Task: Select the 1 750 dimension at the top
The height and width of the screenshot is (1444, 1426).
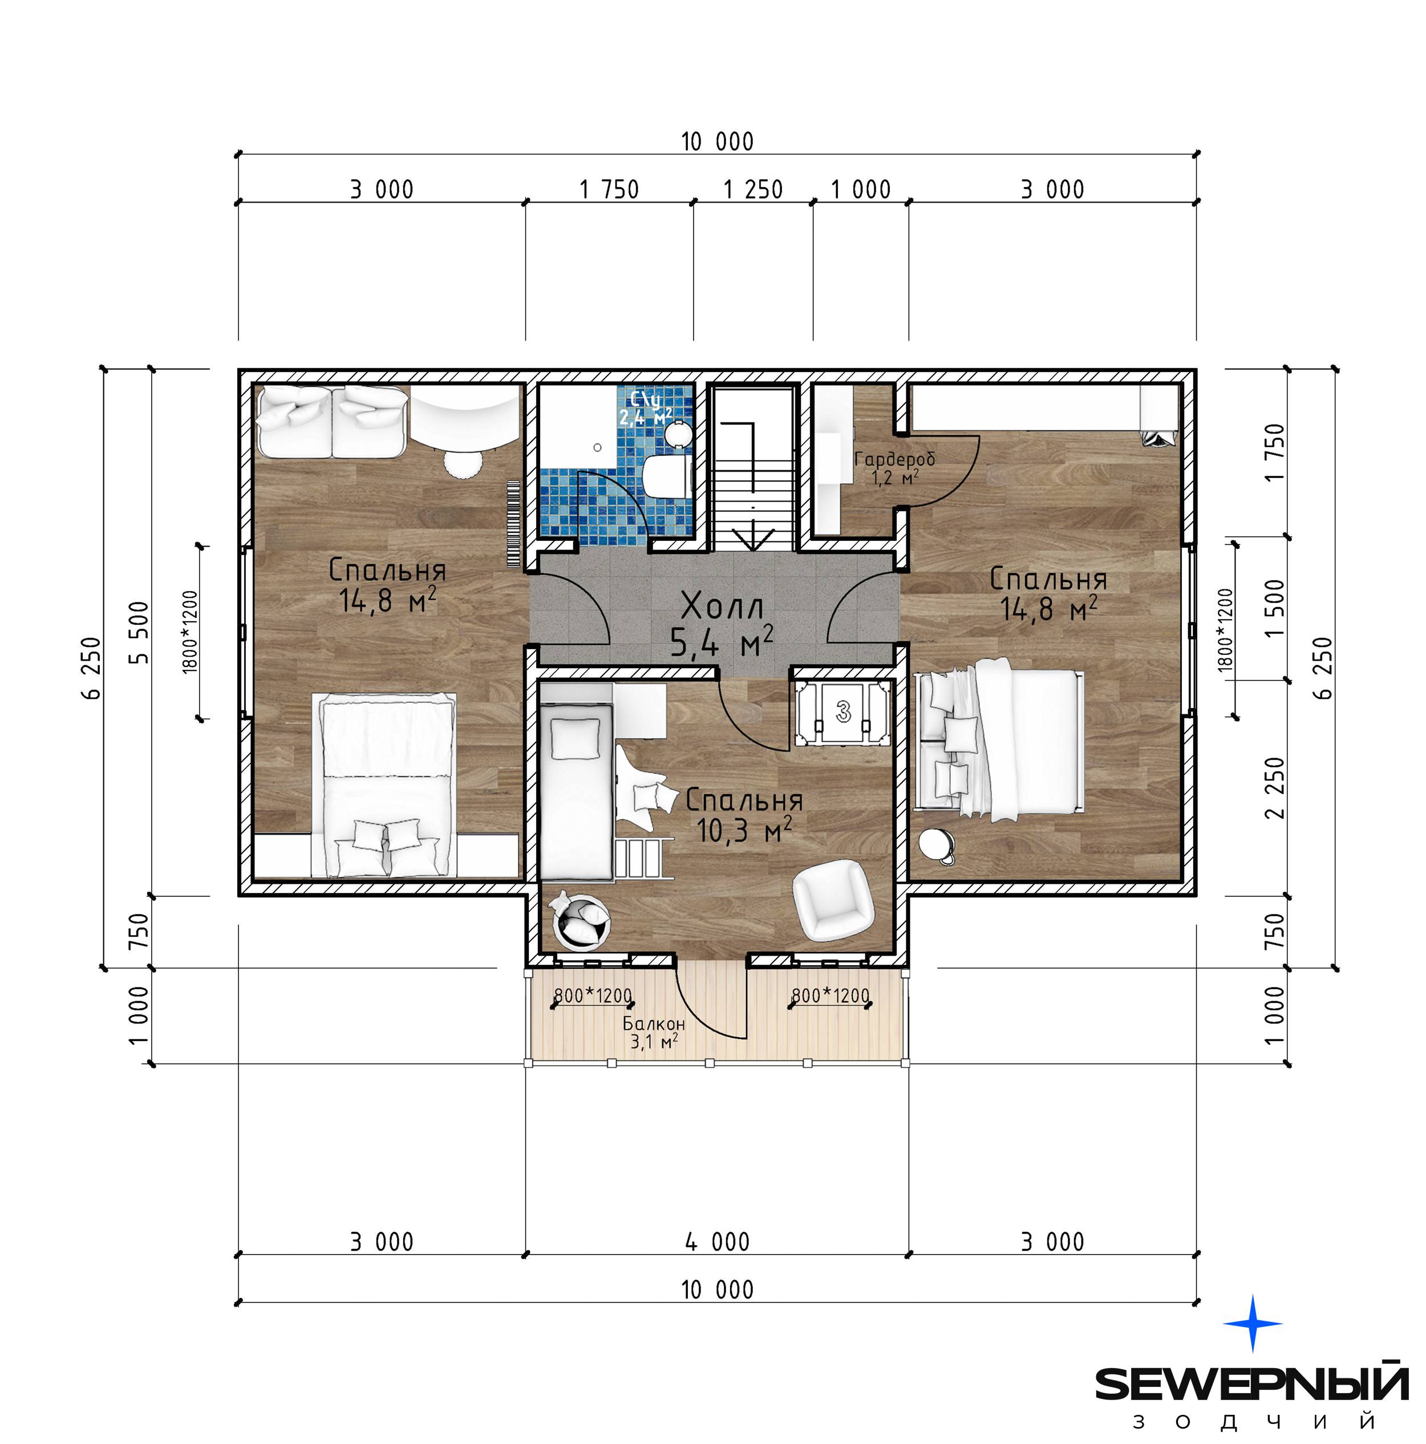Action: pyautogui.click(x=609, y=189)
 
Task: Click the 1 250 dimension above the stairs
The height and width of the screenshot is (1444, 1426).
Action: pyautogui.click(x=752, y=189)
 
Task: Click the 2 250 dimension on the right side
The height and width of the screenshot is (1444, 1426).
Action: pyautogui.click(x=1275, y=788)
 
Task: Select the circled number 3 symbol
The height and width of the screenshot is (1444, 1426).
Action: pyautogui.click(x=843, y=711)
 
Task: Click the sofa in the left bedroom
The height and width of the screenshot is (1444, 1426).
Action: pyautogui.click(x=332, y=421)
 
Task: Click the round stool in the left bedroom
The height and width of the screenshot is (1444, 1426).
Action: pyautogui.click(x=462, y=463)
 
